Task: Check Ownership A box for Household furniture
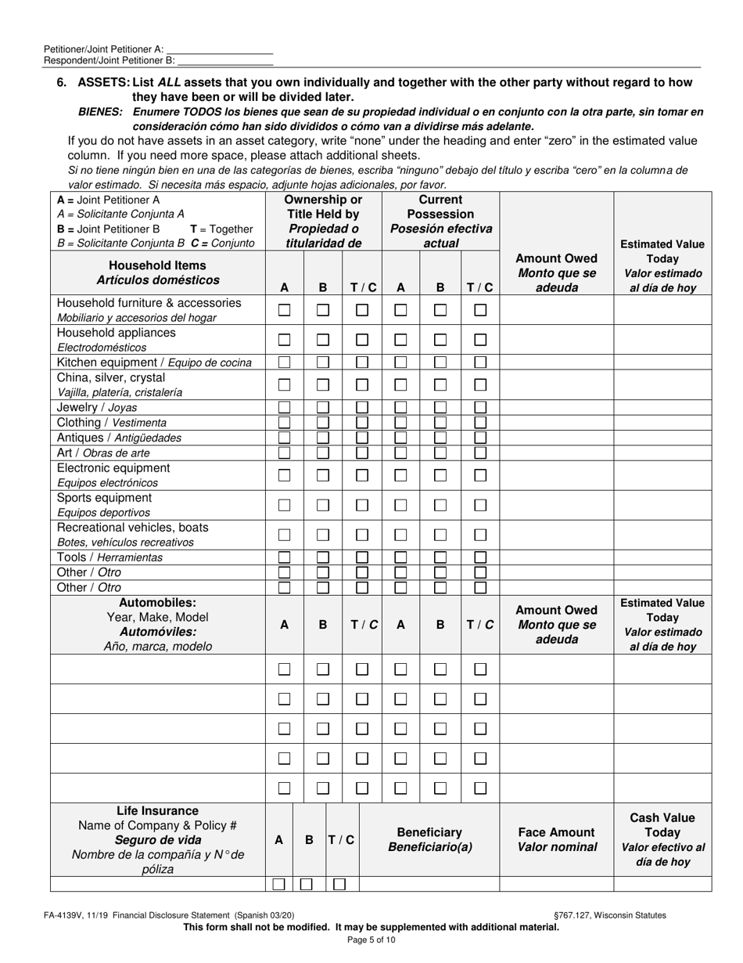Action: [285, 310]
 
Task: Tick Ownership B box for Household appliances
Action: [323, 340]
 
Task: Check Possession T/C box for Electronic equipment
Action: [480, 475]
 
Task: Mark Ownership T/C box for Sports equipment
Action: [362, 505]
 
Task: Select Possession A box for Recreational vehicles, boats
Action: [400, 535]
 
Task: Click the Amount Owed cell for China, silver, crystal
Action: [556, 384]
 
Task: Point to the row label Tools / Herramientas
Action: [109, 557]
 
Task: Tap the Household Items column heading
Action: [158, 272]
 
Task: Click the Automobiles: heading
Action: [158, 604]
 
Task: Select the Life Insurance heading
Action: [158, 811]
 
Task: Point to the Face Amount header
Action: [556, 839]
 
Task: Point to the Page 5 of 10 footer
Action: [371, 940]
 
